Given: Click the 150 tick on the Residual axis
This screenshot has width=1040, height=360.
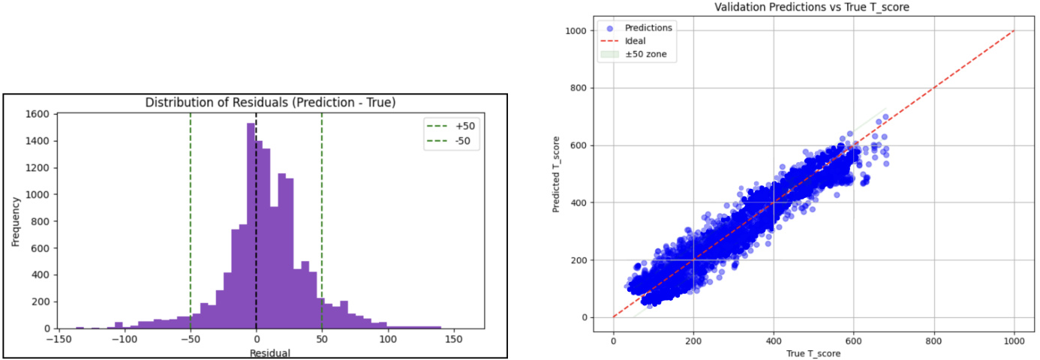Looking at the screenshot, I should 453,339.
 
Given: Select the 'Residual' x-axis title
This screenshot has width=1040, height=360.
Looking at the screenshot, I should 270,352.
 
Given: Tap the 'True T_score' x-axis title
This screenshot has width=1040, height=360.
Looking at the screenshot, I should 814,353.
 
